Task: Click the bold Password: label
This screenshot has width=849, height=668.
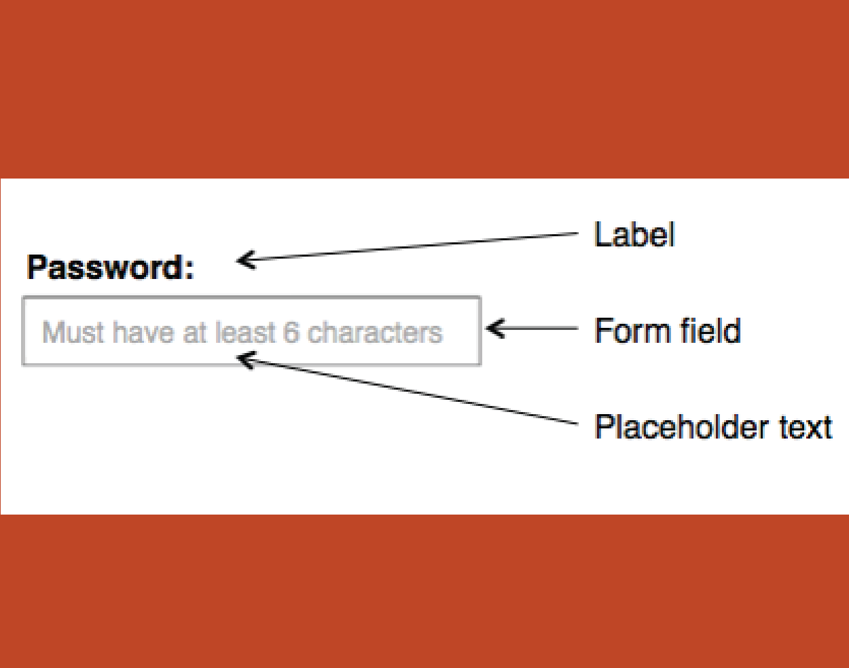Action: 111,267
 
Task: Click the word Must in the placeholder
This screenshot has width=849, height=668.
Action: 73,332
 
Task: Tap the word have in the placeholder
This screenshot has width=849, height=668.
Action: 143,332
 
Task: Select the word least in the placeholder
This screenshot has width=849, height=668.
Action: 245,332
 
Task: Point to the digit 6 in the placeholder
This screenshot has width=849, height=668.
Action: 291,332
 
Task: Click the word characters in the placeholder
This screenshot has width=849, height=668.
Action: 375,333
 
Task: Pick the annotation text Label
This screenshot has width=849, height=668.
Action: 635,234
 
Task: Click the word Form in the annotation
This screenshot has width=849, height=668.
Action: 631,331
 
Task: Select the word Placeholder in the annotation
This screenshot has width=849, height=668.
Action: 682,427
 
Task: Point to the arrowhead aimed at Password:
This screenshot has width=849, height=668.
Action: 245,260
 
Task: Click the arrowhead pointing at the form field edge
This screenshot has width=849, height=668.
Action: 496,328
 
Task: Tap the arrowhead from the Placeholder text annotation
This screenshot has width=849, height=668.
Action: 246,359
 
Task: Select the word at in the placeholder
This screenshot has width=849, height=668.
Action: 194,333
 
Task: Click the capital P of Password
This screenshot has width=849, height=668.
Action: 37,267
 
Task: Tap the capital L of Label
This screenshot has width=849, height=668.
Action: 602,234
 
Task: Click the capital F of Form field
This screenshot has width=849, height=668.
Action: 603,331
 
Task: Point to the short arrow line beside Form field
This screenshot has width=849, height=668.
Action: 532,328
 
